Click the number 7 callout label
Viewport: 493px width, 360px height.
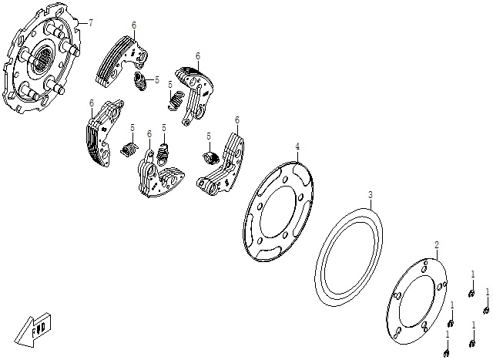[x=91, y=23]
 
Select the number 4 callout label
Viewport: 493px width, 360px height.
[x=297, y=146]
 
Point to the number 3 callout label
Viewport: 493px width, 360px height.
[x=371, y=194]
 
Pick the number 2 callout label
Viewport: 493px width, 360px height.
[x=437, y=245]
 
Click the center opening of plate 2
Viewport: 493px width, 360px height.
[x=417, y=301]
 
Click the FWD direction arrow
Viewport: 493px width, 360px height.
[x=32, y=330]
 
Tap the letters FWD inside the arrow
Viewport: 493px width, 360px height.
[x=40, y=328]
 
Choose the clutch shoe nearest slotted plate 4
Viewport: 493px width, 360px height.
[x=221, y=163]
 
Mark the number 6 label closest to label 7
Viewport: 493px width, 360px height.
[x=134, y=25]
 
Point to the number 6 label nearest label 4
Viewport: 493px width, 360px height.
[x=237, y=120]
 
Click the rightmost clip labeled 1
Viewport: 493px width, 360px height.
[x=486, y=310]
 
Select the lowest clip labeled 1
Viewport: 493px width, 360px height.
[x=446, y=354]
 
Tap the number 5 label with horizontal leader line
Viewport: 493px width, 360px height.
[x=157, y=79]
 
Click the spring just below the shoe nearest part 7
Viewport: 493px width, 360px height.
[x=140, y=82]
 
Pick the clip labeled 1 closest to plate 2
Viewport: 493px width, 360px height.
[x=450, y=324]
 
